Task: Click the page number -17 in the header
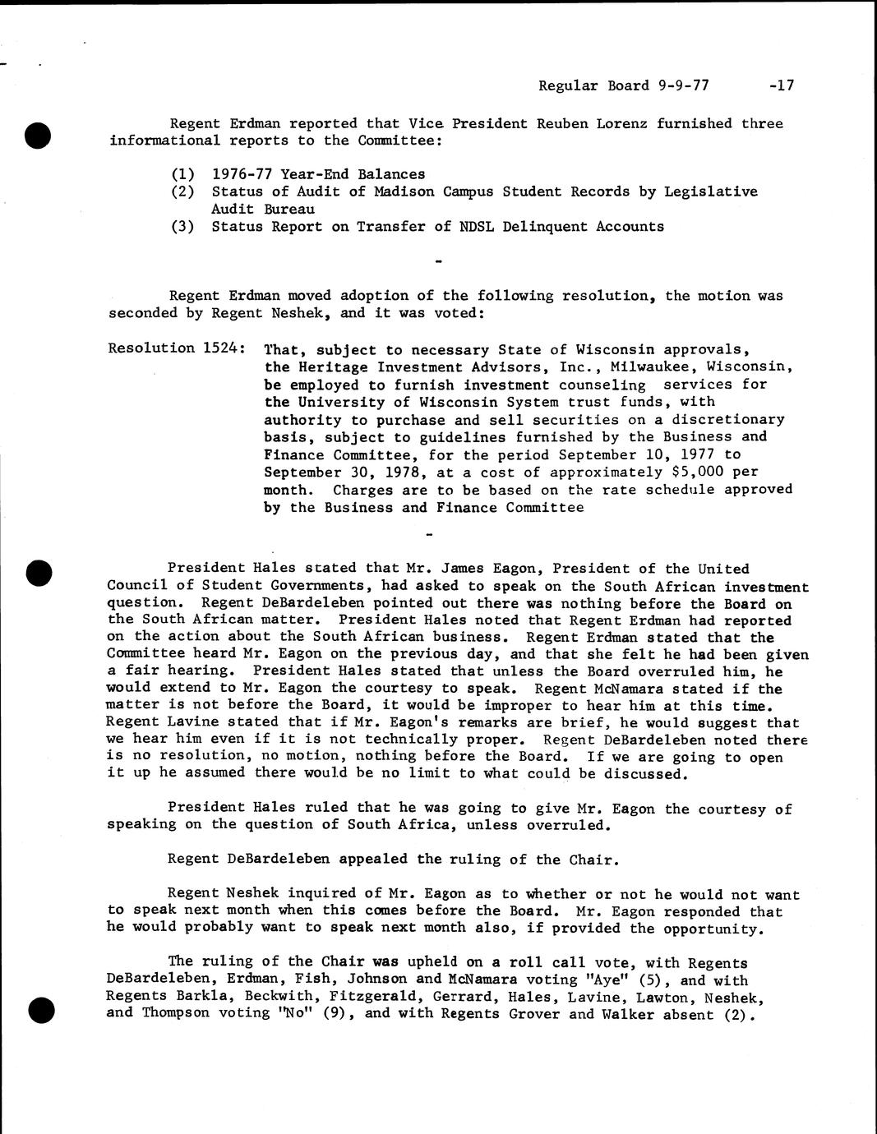pos(782,85)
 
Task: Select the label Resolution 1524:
pos(176,348)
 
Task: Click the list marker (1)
pos(182,174)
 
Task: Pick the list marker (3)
pos(182,227)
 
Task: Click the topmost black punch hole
pos(38,134)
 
